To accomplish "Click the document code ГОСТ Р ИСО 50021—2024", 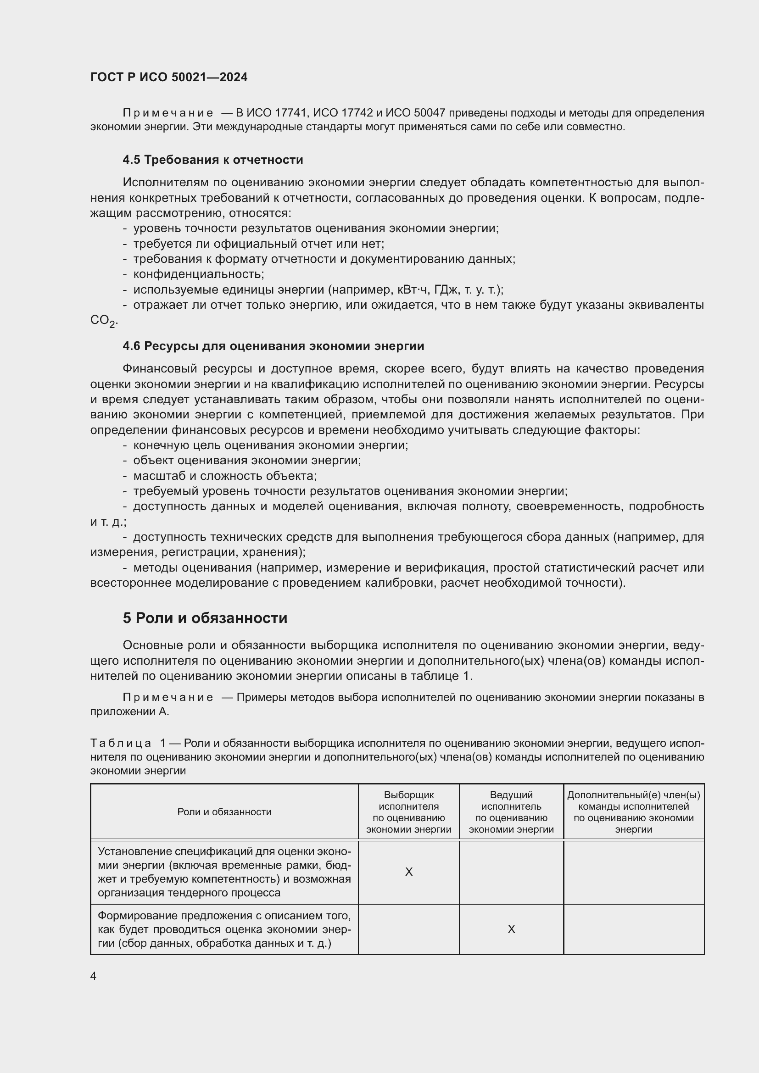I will pyautogui.click(x=169, y=78).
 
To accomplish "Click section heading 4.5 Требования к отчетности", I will pyautogui.click(x=212, y=160).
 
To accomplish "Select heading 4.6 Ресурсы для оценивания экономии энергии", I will pyautogui.click(x=273, y=346).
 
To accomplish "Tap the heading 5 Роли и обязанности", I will pyautogui.click(x=205, y=618).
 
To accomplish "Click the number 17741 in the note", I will pyautogui.click(x=290, y=113).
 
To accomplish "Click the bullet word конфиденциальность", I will pyautogui.click(x=199, y=274).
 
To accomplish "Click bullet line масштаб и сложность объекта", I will pyautogui.click(x=225, y=476).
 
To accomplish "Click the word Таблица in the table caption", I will pyautogui.click(x=121, y=743).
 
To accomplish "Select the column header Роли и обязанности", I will pyautogui.click(x=224, y=812).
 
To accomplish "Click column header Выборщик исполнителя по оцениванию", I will pyautogui.click(x=408, y=812).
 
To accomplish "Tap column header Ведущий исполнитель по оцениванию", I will pyautogui.click(x=511, y=812).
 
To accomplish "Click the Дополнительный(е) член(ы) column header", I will pyautogui.click(x=633, y=812).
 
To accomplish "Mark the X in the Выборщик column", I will pyautogui.click(x=408, y=872).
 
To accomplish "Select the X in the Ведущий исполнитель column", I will pyautogui.click(x=511, y=929).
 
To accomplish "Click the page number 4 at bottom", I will pyautogui.click(x=93, y=976).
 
